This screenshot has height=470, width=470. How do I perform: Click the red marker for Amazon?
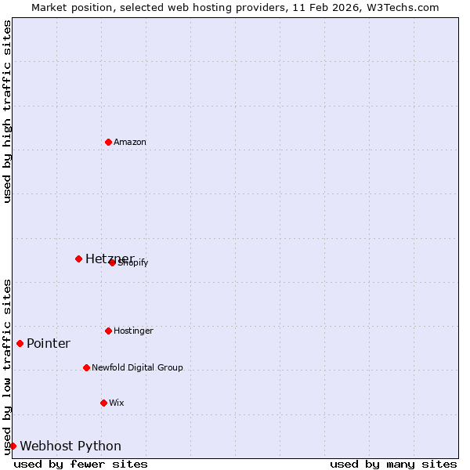(x=108, y=142)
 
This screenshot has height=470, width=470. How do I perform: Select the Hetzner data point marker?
(x=78, y=258)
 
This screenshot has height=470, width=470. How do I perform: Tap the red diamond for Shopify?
(x=112, y=262)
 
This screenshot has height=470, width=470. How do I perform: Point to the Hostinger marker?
(x=108, y=331)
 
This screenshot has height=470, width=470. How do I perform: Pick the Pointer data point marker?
(x=20, y=343)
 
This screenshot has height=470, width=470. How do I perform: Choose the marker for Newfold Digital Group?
(x=86, y=367)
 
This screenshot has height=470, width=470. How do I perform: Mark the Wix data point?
(x=103, y=403)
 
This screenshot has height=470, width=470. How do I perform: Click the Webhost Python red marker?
(x=13, y=446)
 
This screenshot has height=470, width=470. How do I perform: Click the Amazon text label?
(x=130, y=142)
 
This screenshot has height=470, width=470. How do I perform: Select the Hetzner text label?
(x=109, y=258)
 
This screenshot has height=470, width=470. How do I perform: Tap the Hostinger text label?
(x=133, y=331)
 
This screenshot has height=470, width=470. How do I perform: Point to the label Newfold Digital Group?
(x=137, y=367)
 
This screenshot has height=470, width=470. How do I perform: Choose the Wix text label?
(x=117, y=403)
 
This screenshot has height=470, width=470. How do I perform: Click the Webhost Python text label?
(x=70, y=446)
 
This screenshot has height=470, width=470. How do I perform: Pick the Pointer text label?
(x=49, y=343)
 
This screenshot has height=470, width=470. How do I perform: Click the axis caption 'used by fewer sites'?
(x=81, y=464)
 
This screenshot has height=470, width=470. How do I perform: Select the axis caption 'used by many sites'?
(x=393, y=464)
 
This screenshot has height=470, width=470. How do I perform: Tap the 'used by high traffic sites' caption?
(x=7, y=111)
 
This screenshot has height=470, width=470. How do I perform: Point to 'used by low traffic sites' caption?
(x=7, y=366)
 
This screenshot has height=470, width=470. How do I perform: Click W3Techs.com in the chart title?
(x=399, y=7)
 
